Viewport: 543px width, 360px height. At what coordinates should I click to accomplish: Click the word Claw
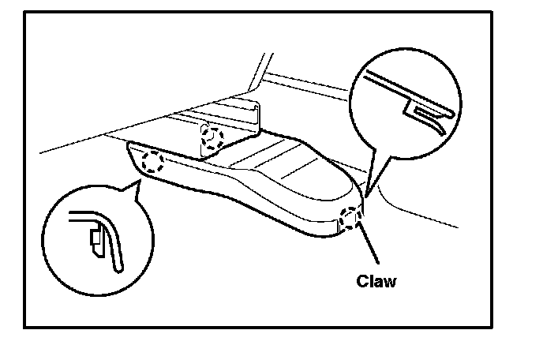[376, 280]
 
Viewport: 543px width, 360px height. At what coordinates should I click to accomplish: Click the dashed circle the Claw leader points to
[350, 218]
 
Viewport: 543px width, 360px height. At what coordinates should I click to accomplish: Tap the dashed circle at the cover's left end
[153, 163]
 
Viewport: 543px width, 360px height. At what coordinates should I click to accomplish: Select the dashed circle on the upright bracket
[212, 137]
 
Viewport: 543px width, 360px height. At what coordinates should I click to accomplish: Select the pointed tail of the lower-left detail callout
[137, 184]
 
